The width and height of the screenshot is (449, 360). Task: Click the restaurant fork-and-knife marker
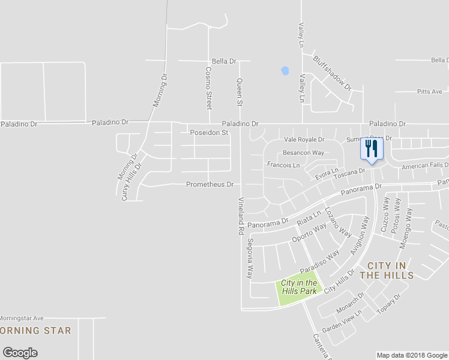click(371, 148)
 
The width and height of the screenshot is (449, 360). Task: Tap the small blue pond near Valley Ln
click(285, 71)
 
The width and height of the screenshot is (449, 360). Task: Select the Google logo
click(20, 353)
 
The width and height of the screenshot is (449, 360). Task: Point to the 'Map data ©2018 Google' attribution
click(412, 355)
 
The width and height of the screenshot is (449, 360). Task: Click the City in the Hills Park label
click(299, 287)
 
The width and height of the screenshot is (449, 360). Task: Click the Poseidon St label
click(209, 133)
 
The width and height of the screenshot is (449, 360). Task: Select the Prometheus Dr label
click(209, 184)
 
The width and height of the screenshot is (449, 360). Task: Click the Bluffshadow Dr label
click(332, 73)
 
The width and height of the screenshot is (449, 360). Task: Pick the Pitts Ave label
click(429, 92)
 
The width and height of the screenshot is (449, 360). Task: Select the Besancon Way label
click(303, 153)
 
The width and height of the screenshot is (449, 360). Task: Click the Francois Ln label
click(283, 164)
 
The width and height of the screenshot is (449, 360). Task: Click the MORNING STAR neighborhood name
click(35, 331)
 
